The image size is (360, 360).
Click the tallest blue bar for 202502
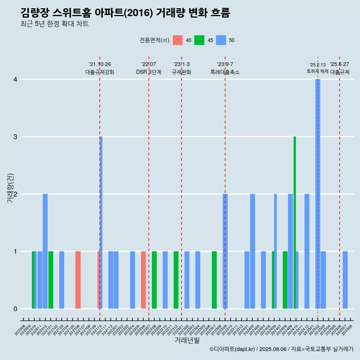click(318, 194)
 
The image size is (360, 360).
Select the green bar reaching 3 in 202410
click(295, 222)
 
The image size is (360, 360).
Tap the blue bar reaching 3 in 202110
click(101, 222)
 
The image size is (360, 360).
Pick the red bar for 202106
click(78, 280)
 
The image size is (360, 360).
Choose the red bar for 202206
click(143, 280)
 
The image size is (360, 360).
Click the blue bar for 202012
click(45, 251)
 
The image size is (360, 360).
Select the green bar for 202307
click(214, 280)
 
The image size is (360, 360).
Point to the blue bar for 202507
click(345, 280)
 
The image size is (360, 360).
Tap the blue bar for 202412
click(307, 251)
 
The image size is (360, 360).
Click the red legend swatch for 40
click(178, 40)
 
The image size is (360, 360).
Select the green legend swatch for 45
click(199, 40)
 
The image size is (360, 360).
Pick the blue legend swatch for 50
click(221, 40)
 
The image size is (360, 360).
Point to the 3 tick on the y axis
click(15, 137)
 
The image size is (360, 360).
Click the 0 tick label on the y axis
click(15, 309)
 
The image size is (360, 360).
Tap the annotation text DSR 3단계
click(148, 72)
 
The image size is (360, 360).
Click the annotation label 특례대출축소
click(225, 72)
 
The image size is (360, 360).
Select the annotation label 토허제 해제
click(318, 71)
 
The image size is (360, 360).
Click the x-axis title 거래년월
click(187, 340)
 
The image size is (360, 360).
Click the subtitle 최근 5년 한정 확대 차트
click(54, 24)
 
